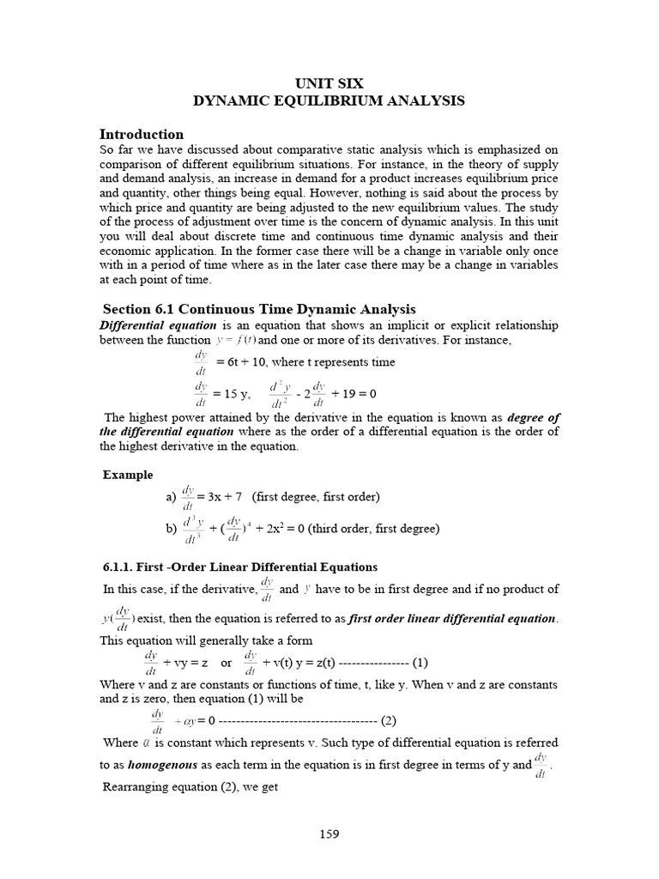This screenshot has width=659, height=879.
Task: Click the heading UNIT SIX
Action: pos(329,83)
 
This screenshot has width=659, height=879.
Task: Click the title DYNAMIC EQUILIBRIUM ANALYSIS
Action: pos(329,101)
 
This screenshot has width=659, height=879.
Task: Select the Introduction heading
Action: pos(142,134)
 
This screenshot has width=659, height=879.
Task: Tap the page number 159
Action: pos(329,832)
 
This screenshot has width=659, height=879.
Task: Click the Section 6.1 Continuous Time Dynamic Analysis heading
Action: pos(259,309)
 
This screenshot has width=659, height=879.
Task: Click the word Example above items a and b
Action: pos(128,475)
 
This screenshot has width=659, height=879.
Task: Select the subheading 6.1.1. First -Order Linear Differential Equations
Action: pos(239,567)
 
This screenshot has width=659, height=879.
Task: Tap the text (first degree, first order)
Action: pos(316,497)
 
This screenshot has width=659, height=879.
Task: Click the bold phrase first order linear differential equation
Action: pos(452,619)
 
